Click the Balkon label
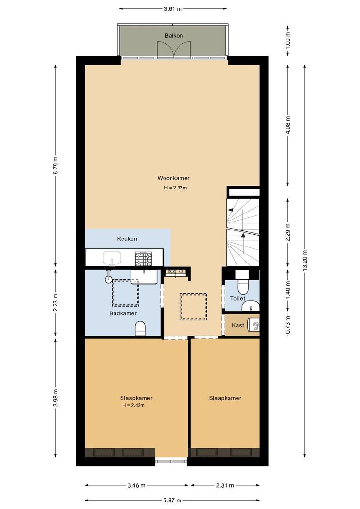pos(174,36)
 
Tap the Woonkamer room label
pos(174,178)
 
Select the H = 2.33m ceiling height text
pos(175,188)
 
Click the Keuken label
pos(127,238)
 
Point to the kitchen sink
pos(112,258)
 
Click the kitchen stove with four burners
pos(143,259)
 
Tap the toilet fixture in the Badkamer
pos(140,328)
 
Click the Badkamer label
pos(123,313)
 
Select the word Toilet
pos(237,298)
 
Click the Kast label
pos(238,325)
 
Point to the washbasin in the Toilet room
pos(251,305)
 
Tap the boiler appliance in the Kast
pos(254,325)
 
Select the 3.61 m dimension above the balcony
pos(172,9)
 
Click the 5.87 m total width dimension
pos(172,500)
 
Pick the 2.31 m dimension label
pos(225,485)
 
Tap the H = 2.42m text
pos(133,405)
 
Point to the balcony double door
pos(174,49)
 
